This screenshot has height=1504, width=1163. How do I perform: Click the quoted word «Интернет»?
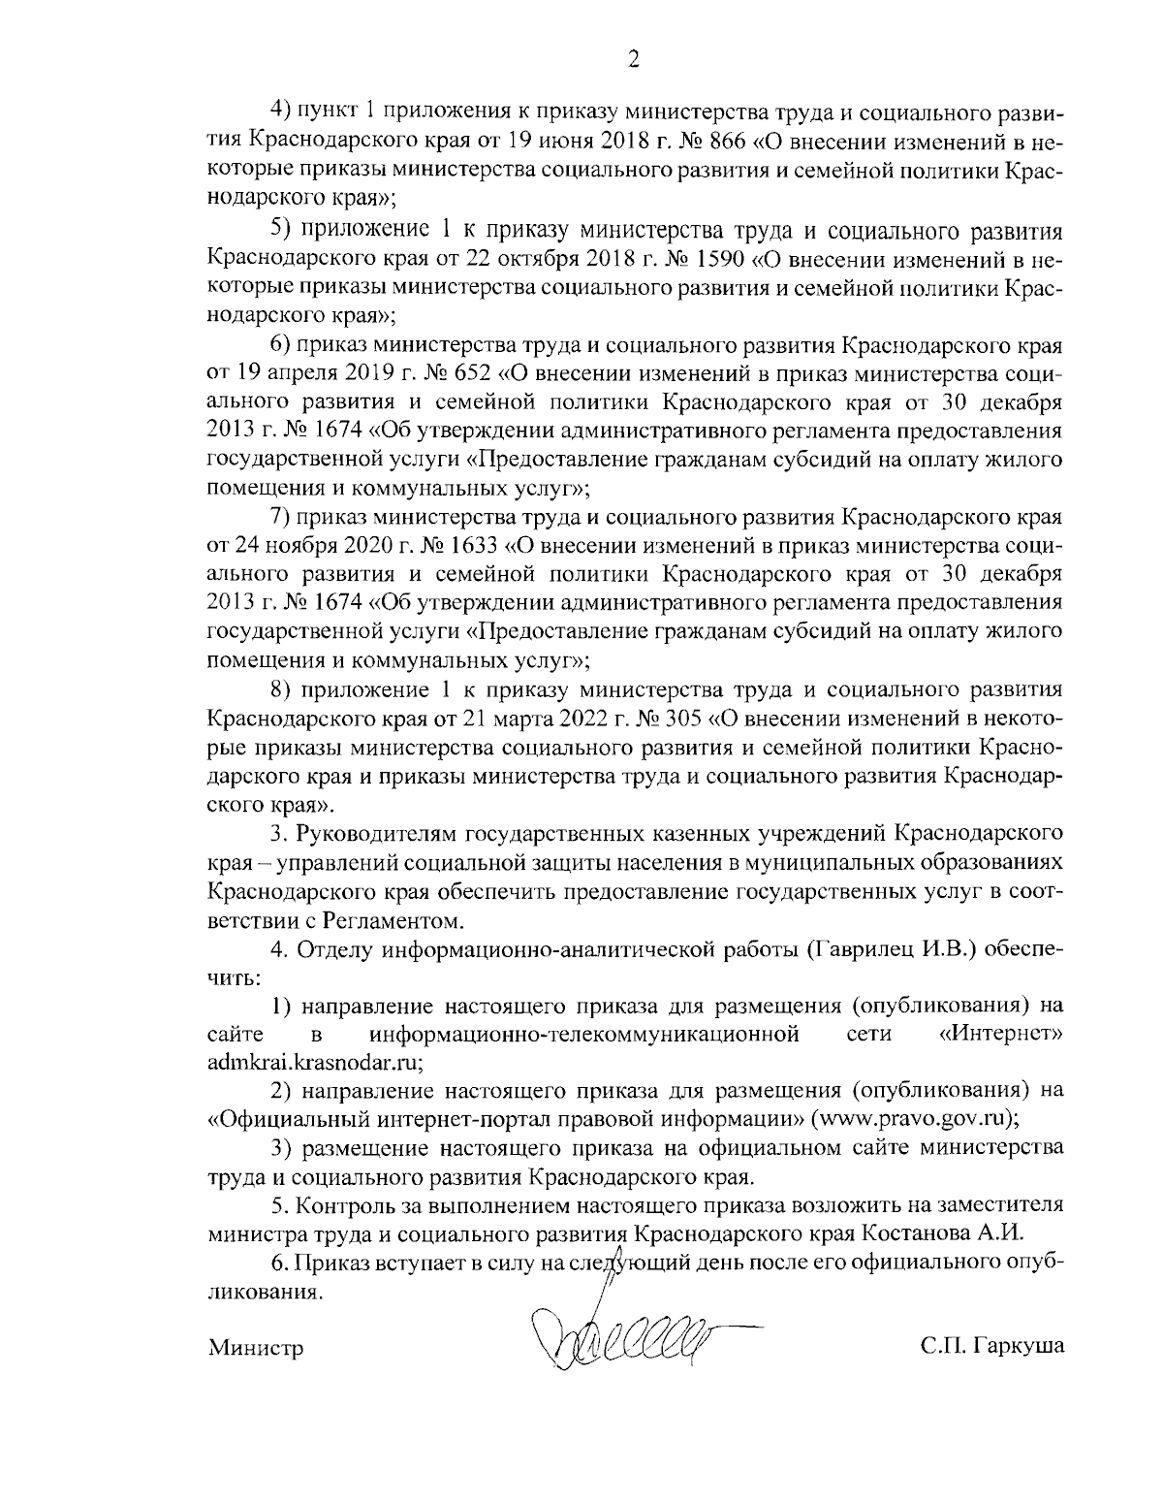tap(1002, 1034)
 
